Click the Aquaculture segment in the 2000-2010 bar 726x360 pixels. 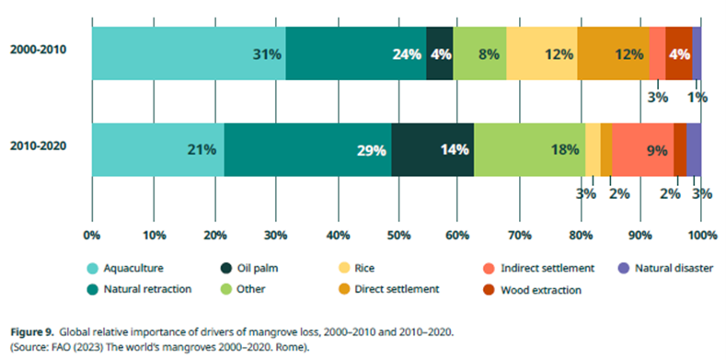[189, 53]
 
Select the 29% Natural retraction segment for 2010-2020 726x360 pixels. [307, 149]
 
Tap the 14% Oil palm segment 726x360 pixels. [432, 149]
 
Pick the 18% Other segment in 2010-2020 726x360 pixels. [529, 149]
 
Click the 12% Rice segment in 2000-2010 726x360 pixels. [541, 53]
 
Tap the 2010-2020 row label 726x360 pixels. [39, 147]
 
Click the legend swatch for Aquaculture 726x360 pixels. [93, 268]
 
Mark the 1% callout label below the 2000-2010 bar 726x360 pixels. [697, 97]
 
